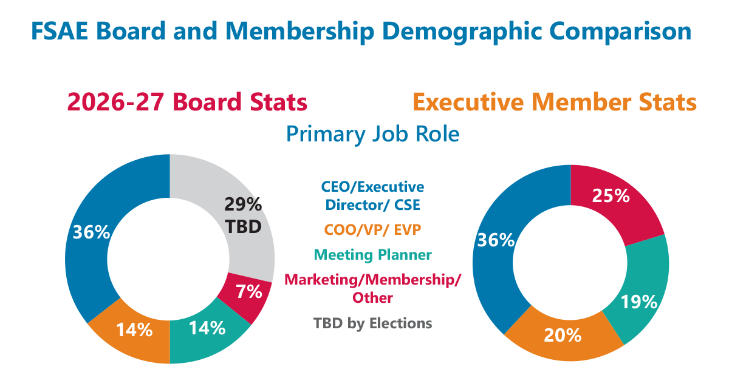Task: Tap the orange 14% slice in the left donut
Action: point(134,331)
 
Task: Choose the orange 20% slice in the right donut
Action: point(562,337)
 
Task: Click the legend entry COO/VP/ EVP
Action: point(372,230)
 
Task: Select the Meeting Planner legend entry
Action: point(372,255)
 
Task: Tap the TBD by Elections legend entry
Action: point(372,323)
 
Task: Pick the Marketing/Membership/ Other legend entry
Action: point(372,288)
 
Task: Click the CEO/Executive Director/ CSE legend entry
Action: point(372,195)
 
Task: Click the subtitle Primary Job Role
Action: point(372,134)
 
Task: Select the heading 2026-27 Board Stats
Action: point(187,102)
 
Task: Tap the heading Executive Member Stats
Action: point(554,102)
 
